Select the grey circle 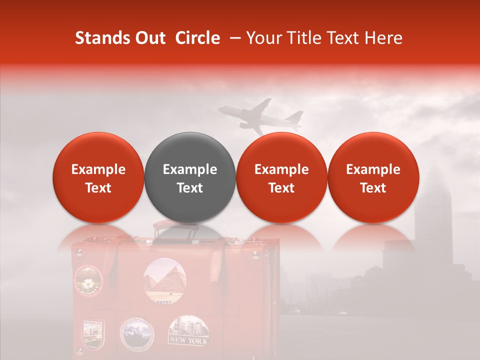click(190, 177)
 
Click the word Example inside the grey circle click(190, 169)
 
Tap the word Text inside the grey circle click(190, 188)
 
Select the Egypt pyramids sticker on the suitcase click(164, 280)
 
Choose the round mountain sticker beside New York click(137, 333)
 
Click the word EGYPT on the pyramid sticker click(164, 302)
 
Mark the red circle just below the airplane click(281, 177)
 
